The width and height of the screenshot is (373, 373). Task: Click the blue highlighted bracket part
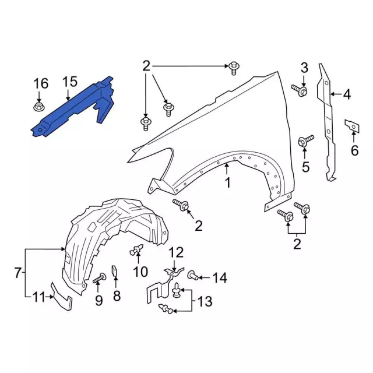71,107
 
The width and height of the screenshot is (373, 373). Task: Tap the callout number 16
41,83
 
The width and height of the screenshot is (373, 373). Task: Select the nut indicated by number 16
38,107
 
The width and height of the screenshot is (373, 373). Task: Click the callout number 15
70,82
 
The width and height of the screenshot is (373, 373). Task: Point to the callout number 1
228,182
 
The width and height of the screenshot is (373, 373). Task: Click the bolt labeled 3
299,90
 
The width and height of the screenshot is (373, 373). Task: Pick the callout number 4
347,94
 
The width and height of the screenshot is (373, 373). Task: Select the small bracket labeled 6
352,126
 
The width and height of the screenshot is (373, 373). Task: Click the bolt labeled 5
306,141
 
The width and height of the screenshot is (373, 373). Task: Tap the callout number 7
18,273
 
